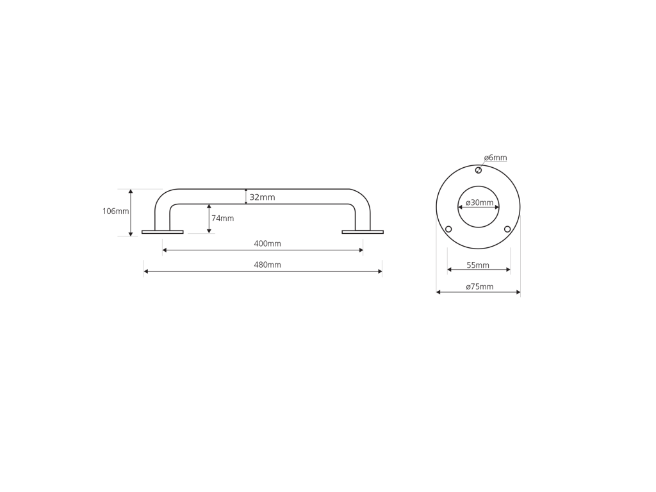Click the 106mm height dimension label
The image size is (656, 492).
pyautogui.click(x=115, y=211)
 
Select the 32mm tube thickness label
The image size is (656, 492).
pyautogui.click(x=262, y=197)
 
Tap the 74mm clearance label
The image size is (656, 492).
pyautogui.click(x=222, y=218)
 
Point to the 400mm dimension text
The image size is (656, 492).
pyautogui.click(x=267, y=243)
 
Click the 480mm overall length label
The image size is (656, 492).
pyautogui.click(x=267, y=265)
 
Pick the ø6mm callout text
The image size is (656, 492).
pyautogui.click(x=495, y=158)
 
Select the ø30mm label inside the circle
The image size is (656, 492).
pyautogui.click(x=479, y=203)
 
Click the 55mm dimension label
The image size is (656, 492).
pyautogui.click(x=478, y=265)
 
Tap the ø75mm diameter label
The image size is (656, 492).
pyautogui.click(x=479, y=286)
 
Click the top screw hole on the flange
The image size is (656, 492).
pyautogui.click(x=478, y=170)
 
